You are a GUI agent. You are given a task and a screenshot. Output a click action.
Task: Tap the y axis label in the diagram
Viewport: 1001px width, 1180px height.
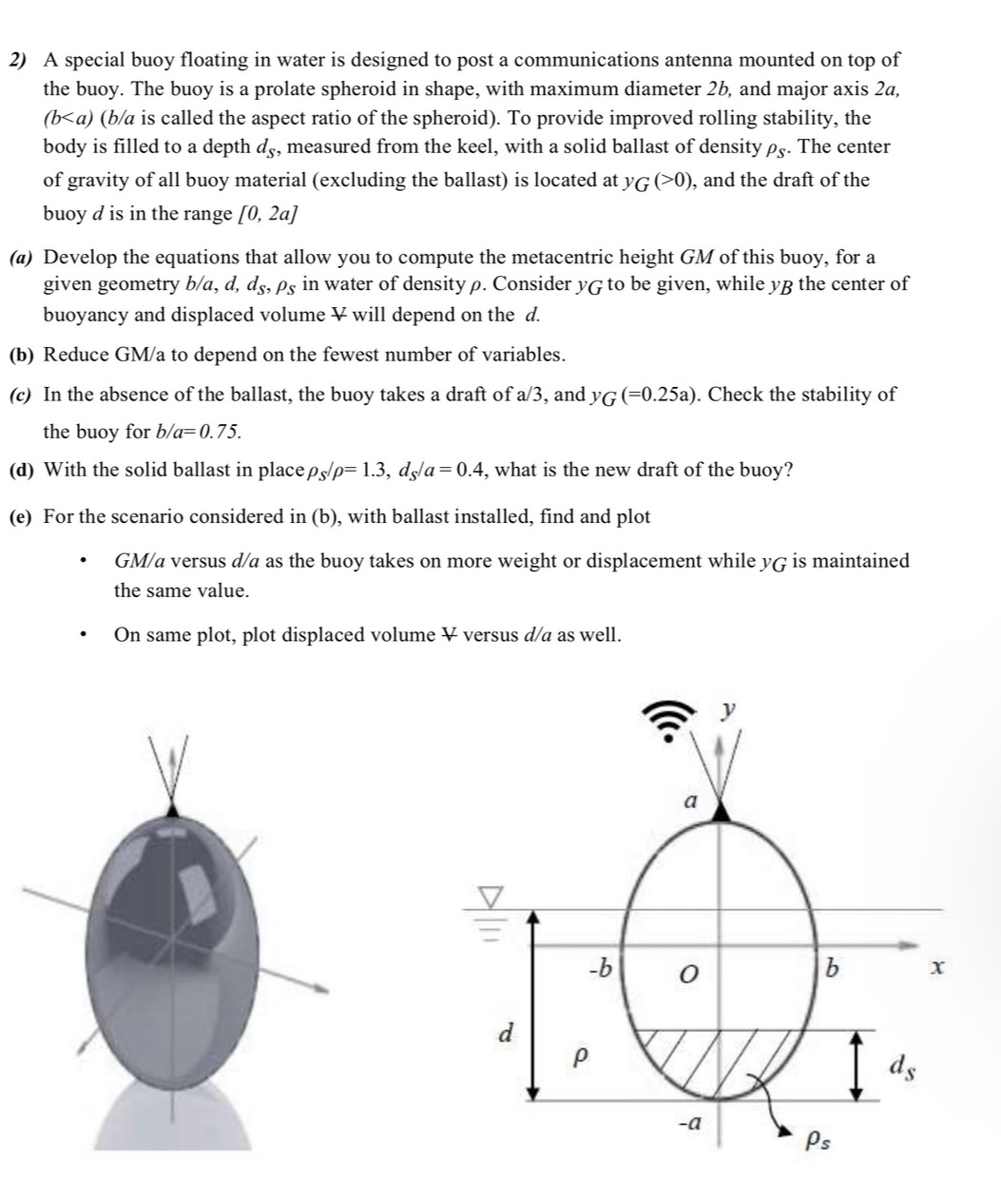click(728, 708)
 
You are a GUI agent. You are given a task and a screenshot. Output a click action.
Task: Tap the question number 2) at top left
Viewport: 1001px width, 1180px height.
click(18, 60)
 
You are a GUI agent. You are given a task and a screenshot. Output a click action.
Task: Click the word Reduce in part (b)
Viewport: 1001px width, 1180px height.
click(76, 355)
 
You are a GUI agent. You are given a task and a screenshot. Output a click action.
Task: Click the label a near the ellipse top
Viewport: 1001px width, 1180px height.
click(691, 802)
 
